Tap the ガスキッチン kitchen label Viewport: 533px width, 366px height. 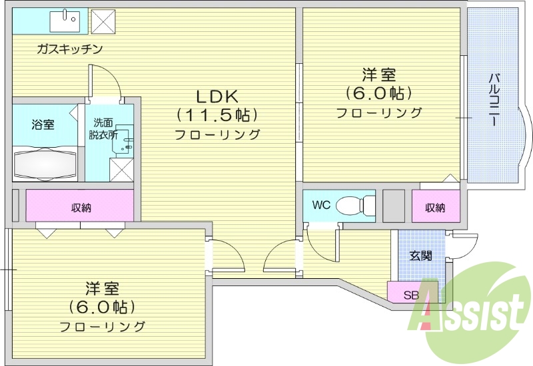tap(69, 49)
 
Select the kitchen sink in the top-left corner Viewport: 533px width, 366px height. tap(65, 21)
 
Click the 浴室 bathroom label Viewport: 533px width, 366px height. tap(43, 124)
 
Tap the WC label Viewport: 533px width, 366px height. tap(321, 206)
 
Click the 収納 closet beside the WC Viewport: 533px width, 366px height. tap(436, 207)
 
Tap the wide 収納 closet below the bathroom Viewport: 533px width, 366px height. tap(81, 207)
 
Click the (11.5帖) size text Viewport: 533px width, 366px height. tap(217, 115)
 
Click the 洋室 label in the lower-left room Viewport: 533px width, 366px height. tap(102, 289)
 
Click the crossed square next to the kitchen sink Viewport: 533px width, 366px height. tap(103, 21)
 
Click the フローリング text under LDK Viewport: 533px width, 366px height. tap(217, 135)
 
